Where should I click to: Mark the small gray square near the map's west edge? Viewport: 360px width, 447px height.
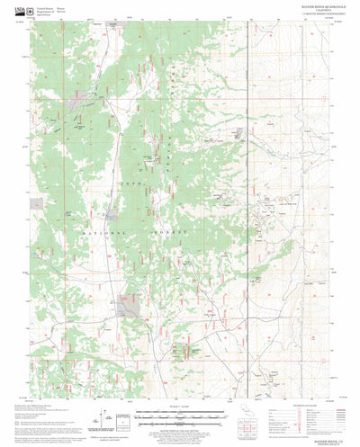[36, 202]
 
